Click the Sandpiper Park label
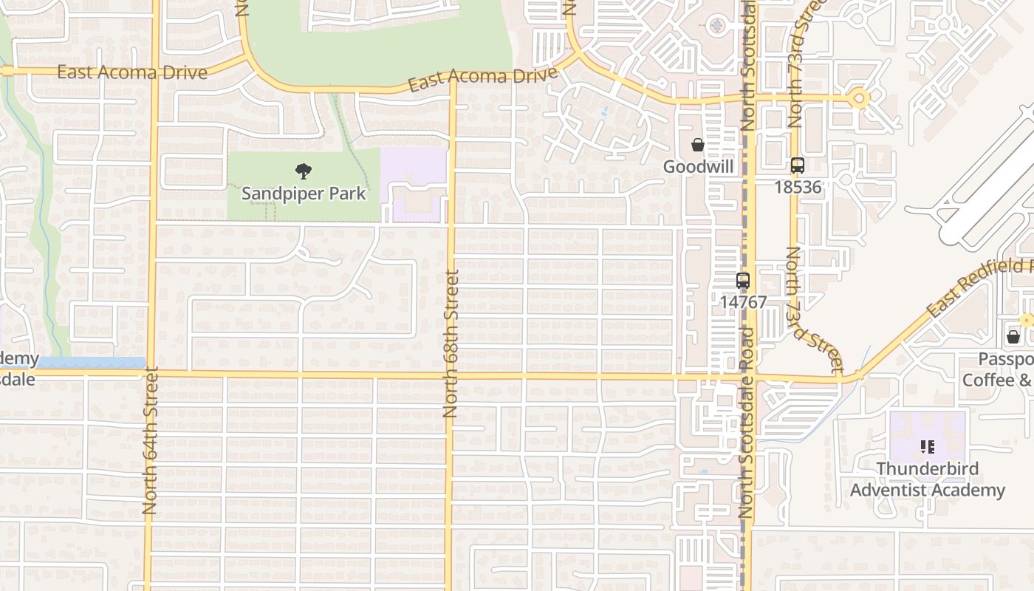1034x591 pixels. pyautogui.click(x=304, y=194)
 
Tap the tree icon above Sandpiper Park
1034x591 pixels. pyautogui.click(x=303, y=171)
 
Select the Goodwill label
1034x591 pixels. pyautogui.click(x=698, y=166)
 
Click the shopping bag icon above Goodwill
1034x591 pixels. pyautogui.click(x=697, y=145)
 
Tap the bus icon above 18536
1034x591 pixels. pyautogui.click(x=797, y=165)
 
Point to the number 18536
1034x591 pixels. pyautogui.click(x=798, y=187)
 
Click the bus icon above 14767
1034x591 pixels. pyautogui.click(x=743, y=281)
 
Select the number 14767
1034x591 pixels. pyautogui.click(x=744, y=302)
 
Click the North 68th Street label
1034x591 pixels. pyautogui.click(x=451, y=344)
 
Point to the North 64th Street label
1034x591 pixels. pyautogui.click(x=151, y=441)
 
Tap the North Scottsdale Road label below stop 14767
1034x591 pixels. pyautogui.click(x=747, y=421)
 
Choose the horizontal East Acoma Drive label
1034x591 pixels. pyautogui.click(x=132, y=72)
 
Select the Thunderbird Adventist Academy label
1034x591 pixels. pyautogui.click(x=927, y=479)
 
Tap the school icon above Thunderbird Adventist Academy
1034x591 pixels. pyautogui.click(x=928, y=447)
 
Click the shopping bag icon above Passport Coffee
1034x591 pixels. pyautogui.click(x=1013, y=337)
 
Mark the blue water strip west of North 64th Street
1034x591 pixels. pyautogui.click(x=91, y=363)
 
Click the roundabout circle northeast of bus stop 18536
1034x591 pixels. pyautogui.click(x=859, y=98)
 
